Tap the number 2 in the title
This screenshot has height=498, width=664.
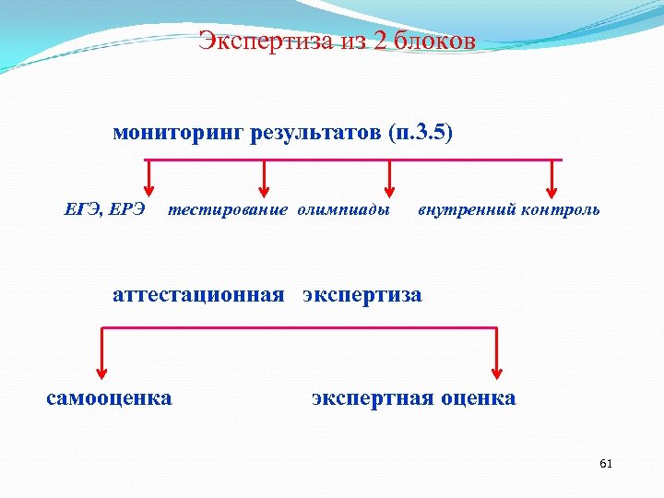coord(382,41)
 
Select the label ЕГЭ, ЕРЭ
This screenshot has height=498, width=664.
coord(104,209)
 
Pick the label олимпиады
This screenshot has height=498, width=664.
coord(343,209)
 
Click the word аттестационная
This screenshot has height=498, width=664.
coord(198,295)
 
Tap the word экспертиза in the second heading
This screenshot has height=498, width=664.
coord(362,295)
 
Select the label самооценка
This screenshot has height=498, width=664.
coord(109,398)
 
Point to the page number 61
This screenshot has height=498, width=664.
coord(606,463)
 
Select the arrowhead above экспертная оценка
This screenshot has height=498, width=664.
coord(497,371)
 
